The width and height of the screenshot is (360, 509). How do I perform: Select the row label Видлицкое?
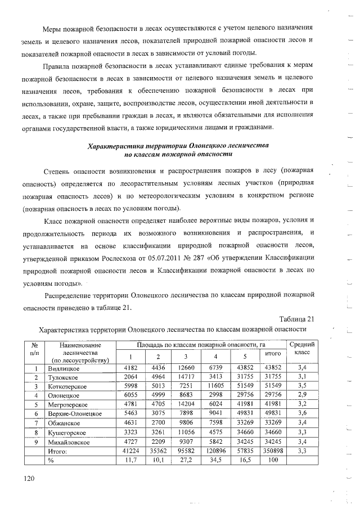click(x=64, y=367)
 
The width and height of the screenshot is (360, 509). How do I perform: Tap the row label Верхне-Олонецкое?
click(x=74, y=413)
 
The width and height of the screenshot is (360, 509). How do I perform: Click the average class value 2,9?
click(x=301, y=395)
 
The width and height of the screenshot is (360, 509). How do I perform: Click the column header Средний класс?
click(x=301, y=348)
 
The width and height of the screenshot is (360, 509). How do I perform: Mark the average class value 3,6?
click(x=301, y=413)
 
